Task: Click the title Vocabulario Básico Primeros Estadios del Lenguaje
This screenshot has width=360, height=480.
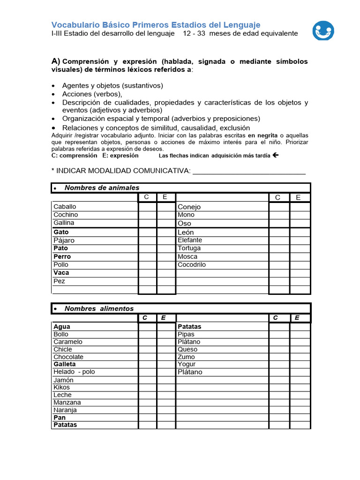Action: [156, 25]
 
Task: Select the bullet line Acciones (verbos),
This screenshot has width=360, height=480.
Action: [92, 94]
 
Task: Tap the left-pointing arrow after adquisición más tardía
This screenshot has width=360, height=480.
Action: [275, 155]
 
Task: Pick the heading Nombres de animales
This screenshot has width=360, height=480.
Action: [102, 187]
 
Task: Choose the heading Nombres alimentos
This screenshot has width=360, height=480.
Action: [99, 308]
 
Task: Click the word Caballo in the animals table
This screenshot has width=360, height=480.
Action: [65, 206]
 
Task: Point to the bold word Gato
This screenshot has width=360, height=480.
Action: [61, 232]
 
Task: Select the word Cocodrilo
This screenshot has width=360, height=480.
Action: [192, 264]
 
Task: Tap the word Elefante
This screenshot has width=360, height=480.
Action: [190, 240]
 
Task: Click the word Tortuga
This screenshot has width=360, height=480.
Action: [189, 248]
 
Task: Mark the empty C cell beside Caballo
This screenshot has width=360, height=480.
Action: [147, 207]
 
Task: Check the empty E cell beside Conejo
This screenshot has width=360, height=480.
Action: [300, 207]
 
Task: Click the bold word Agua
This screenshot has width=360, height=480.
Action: [62, 327]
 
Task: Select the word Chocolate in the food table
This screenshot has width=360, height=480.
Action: [68, 357]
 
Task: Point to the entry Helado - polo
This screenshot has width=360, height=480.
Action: [74, 372]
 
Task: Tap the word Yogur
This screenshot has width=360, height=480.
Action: [187, 364]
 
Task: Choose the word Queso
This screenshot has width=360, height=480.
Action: [187, 349]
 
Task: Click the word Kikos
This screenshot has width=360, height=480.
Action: [61, 387]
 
